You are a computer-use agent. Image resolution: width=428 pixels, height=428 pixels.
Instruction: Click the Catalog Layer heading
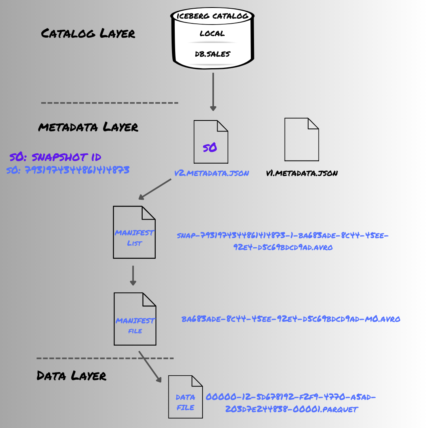tap(88, 33)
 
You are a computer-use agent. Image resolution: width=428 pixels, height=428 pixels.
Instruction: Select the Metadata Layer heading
tap(88, 127)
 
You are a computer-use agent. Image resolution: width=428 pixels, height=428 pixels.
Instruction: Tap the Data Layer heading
tap(71, 375)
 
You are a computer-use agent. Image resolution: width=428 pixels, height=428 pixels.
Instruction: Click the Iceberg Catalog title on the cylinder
tap(212, 16)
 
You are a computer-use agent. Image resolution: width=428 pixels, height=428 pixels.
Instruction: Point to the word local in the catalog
tap(212, 34)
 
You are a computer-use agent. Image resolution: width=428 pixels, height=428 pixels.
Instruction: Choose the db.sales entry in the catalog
tap(212, 54)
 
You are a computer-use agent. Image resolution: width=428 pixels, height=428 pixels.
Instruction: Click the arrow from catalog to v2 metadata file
tap(213, 91)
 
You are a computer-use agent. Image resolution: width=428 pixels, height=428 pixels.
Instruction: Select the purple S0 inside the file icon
tap(210, 148)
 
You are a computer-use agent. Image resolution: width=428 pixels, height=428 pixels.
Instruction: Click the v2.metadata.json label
tap(212, 173)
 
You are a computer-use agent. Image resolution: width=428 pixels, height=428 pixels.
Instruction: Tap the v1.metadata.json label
tap(302, 173)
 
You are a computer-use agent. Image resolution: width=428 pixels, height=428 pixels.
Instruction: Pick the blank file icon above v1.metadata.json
tap(302, 139)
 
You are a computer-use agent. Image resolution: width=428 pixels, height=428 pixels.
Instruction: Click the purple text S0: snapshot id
tap(55, 157)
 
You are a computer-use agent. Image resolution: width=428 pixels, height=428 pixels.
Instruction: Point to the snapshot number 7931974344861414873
tap(68, 170)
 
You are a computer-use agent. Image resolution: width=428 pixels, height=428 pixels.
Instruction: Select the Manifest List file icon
tap(134, 232)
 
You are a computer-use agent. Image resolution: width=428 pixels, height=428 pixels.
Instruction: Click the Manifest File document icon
tap(135, 319)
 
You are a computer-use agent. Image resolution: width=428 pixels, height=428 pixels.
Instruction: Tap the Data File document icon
tap(185, 397)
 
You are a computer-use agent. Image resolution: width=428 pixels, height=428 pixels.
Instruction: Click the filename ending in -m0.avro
tap(291, 319)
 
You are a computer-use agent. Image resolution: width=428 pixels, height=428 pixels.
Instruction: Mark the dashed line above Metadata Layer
tap(109, 103)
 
